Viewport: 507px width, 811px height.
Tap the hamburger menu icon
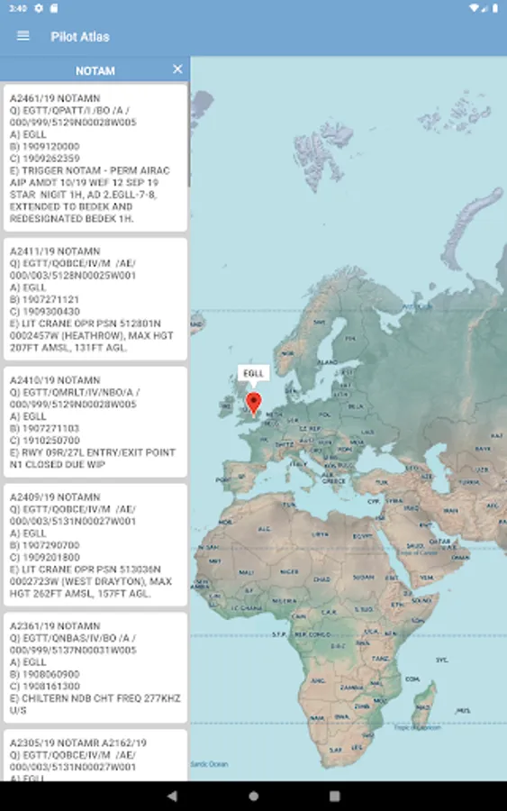pyautogui.click(x=23, y=36)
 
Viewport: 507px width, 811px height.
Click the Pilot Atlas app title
pyautogui.click(x=80, y=36)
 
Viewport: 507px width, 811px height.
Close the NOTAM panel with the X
pyautogui.click(x=177, y=69)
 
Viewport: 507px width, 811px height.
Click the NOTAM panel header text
pyautogui.click(x=95, y=70)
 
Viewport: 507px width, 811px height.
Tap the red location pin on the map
pyautogui.click(x=254, y=403)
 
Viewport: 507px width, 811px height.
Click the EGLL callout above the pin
pyautogui.click(x=254, y=372)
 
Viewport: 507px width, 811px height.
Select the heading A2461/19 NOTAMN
pyautogui.click(x=55, y=97)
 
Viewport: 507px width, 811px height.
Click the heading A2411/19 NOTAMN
pyautogui.click(x=55, y=251)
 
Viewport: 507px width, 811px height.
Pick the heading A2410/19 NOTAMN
pyautogui.click(x=55, y=380)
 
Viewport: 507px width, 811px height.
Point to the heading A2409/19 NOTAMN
pyautogui.click(x=55, y=497)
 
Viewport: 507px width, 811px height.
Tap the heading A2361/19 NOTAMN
pyautogui.click(x=55, y=625)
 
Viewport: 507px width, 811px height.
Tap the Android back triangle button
pyautogui.click(x=172, y=796)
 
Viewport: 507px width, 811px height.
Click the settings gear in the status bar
pyautogui.click(x=39, y=8)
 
